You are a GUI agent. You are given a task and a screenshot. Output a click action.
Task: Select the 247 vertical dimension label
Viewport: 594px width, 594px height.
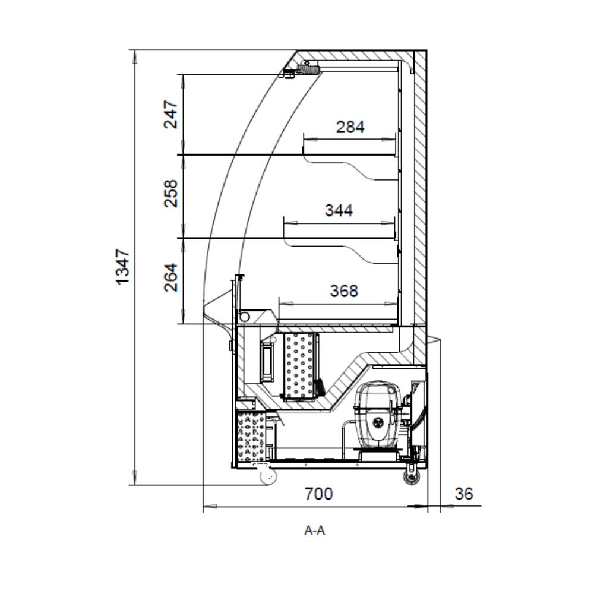click(x=171, y=115)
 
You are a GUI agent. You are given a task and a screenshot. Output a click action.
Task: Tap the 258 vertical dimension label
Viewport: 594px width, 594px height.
click(x=171, y=193)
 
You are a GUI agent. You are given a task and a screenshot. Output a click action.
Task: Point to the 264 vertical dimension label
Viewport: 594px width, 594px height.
click(x=171, y=277)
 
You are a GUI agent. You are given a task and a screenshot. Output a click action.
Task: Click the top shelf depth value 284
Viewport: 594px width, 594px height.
click(x=350, y=127)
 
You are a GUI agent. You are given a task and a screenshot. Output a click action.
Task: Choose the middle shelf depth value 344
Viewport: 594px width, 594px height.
click(x=339, y=210)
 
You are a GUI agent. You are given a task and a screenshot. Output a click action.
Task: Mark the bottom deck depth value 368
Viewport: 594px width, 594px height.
click(x=344, y=291)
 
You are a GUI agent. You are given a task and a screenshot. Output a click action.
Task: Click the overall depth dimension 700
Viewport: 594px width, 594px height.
click(x=319, y=494)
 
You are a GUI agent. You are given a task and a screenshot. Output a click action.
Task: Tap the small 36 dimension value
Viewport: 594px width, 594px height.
click(x=464, y=494)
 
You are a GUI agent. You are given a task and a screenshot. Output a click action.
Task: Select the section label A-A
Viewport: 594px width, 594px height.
click(x=315, y=530)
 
